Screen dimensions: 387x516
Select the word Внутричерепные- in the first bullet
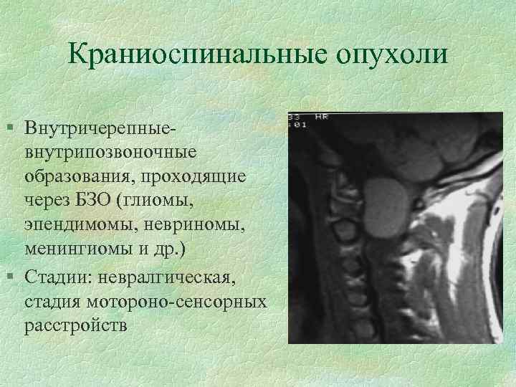click(98, 131)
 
